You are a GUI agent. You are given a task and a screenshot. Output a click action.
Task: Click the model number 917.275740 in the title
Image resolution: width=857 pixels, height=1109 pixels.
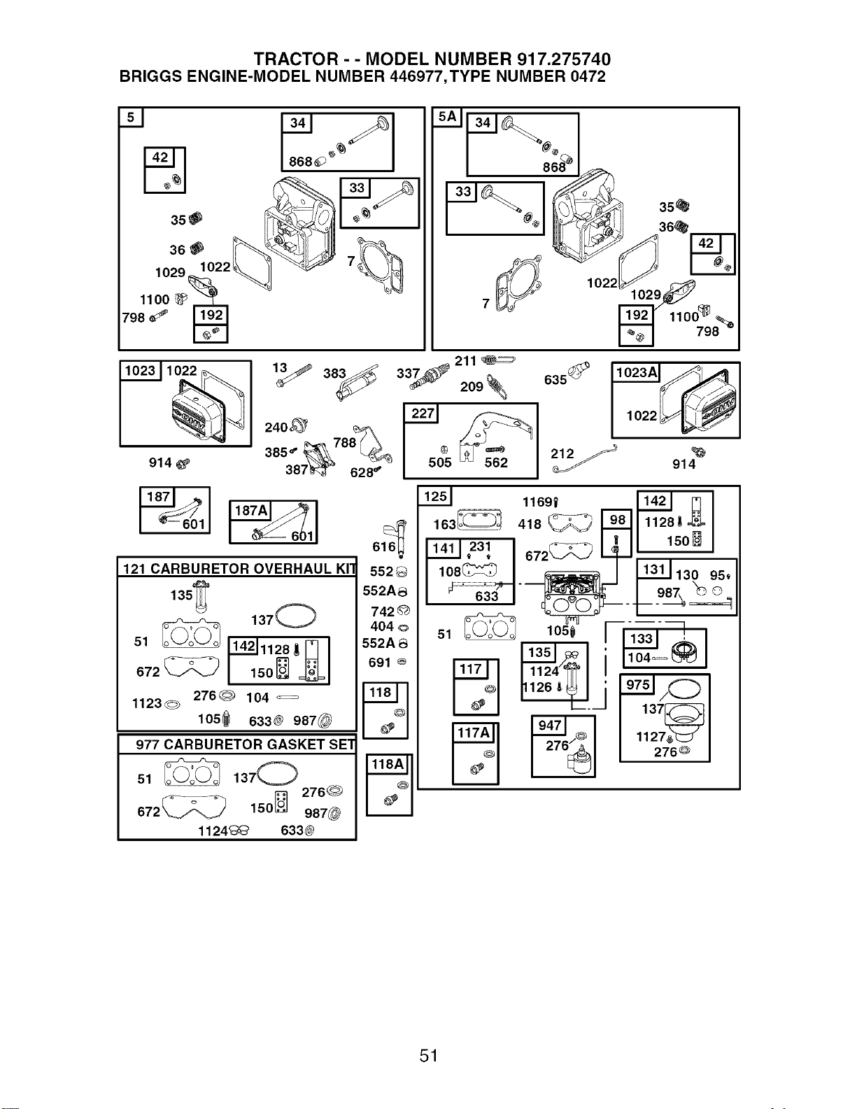(x=564, y=59)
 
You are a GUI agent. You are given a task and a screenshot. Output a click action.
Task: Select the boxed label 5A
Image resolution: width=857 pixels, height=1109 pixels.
(x=447, y=118)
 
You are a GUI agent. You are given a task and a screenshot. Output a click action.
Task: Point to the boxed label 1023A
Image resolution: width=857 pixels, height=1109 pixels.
(x=637, y=372)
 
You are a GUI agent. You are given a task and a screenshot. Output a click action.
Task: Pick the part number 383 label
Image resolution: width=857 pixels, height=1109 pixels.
(x=334, y=374)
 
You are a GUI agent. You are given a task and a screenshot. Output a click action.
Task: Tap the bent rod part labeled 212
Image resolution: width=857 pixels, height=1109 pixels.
(x=585, y=458)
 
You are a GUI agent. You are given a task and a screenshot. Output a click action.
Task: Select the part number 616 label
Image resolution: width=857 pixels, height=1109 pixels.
(x=384, y=546)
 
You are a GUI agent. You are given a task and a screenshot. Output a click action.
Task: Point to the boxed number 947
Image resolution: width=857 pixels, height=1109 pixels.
(x=549, y=725)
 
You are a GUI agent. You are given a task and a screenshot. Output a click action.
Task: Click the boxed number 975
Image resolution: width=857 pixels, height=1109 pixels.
(x=637, y=684)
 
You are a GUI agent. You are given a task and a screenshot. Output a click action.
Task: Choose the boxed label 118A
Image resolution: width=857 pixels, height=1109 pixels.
(x=388, y=765)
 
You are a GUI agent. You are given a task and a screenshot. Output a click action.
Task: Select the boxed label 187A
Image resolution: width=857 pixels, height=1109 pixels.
(x=250, y=510)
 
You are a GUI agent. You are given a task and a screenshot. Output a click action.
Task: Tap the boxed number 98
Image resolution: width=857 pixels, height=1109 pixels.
(x=617, y=520)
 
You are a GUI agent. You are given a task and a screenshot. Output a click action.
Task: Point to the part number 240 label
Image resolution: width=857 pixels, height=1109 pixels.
(x=276, y=428)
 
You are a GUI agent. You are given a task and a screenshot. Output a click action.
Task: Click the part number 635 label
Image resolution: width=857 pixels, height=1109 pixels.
(x=555, y=380)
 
